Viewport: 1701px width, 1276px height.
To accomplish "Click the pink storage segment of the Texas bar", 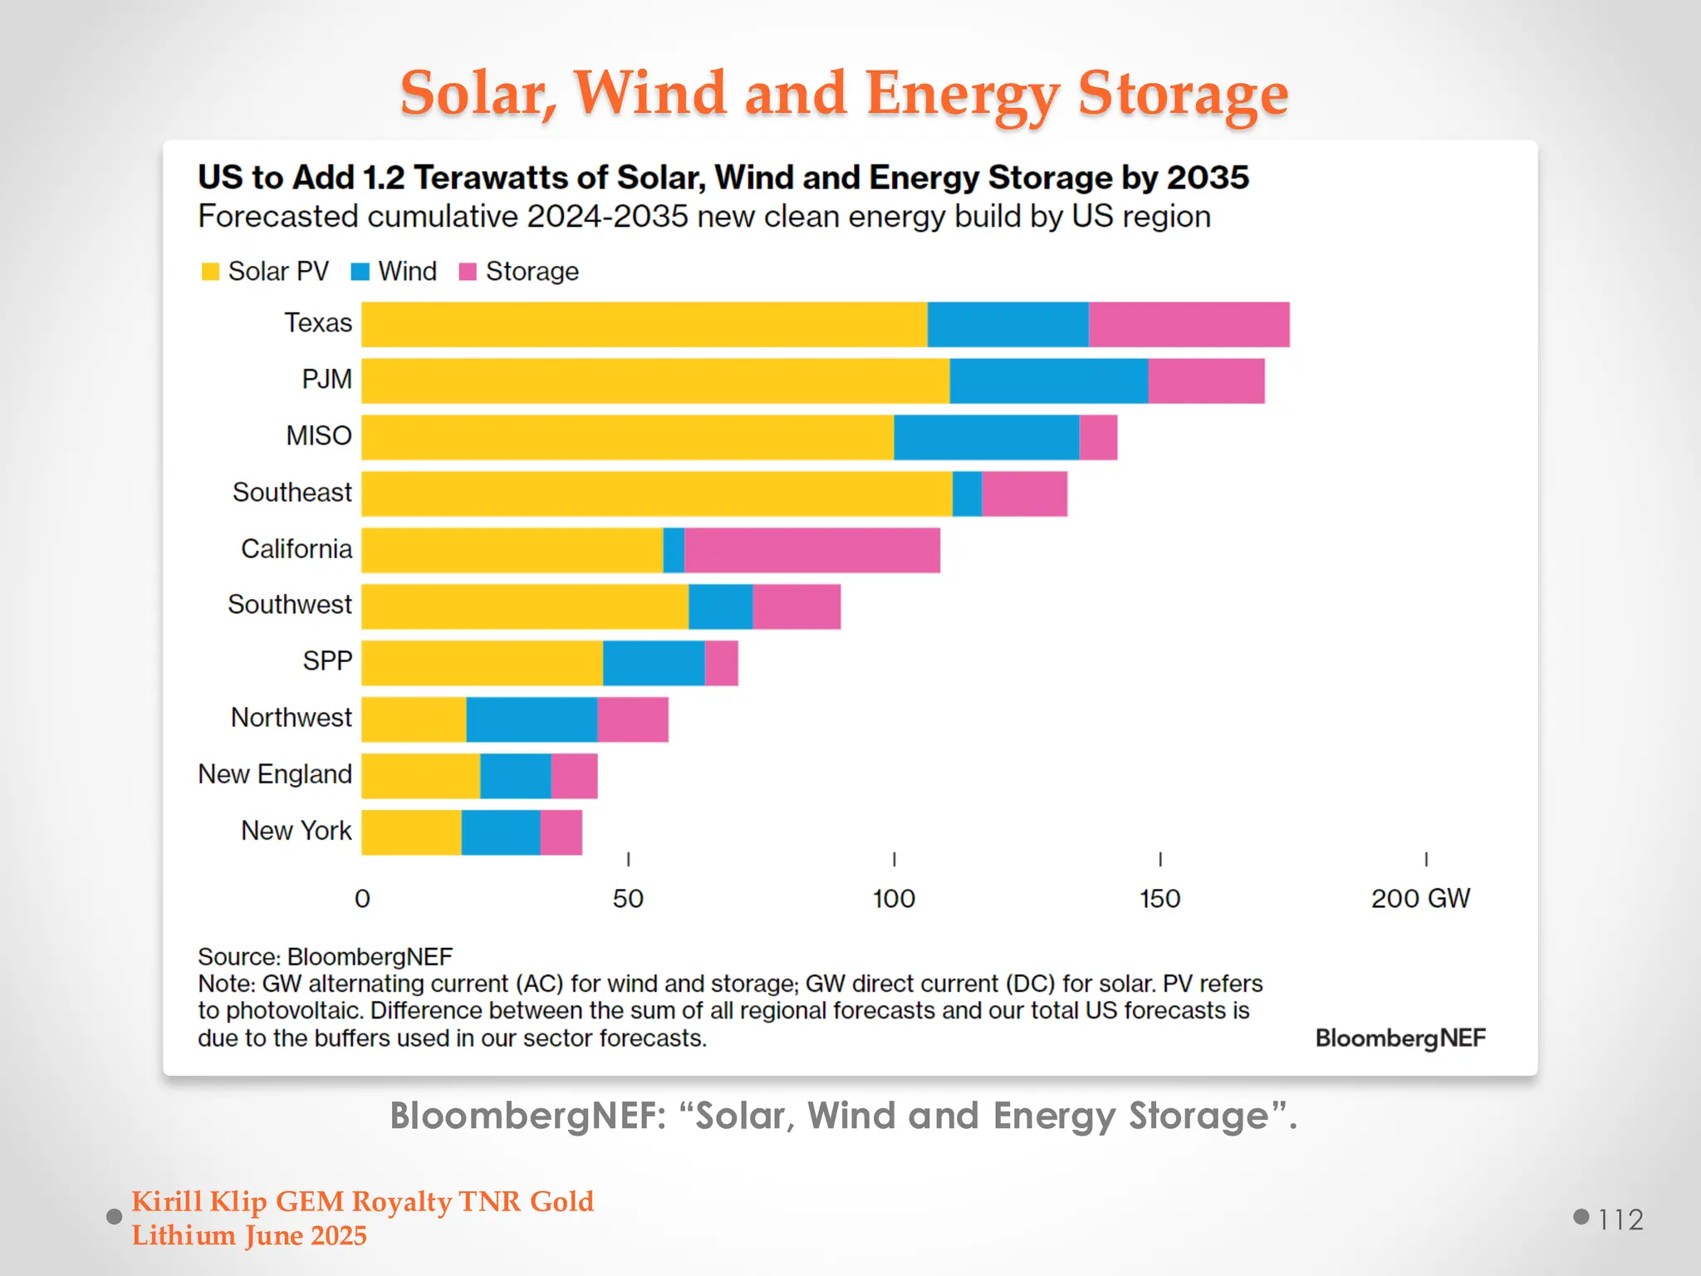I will coord(1189,325).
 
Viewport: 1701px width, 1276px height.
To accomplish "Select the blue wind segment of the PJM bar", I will coord(1048,381).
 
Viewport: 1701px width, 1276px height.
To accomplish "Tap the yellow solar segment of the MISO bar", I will coord(627,438).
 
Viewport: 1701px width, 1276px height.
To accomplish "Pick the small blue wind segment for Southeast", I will coord(967,494).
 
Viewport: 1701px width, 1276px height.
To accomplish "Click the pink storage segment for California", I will coord(811,550).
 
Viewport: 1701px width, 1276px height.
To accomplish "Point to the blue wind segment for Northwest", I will coord(532,719).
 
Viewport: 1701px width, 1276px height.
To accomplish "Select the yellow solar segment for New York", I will coord(411,832).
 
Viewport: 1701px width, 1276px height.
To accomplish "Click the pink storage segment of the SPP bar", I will coord(721,663).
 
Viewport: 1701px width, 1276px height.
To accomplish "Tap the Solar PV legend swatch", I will coord(211,272).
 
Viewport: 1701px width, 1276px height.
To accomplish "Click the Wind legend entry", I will coord(395,272).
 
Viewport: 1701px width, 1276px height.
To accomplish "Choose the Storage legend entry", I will coord(519,272).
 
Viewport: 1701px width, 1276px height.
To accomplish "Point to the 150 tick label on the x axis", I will coord(1159,899).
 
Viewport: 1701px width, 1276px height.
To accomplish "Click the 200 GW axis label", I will coord(1419,899).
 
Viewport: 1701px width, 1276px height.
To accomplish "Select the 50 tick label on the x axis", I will coord(628,899).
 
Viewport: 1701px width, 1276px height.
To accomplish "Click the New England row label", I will coord(275,774).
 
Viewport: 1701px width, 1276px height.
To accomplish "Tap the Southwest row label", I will coord(290,605).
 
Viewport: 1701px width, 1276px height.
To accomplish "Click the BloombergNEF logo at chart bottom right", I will coord(1400,1038).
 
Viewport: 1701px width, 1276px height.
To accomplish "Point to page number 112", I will coord(1620,1220).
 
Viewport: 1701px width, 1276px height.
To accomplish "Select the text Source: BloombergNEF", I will coord(325,957).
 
